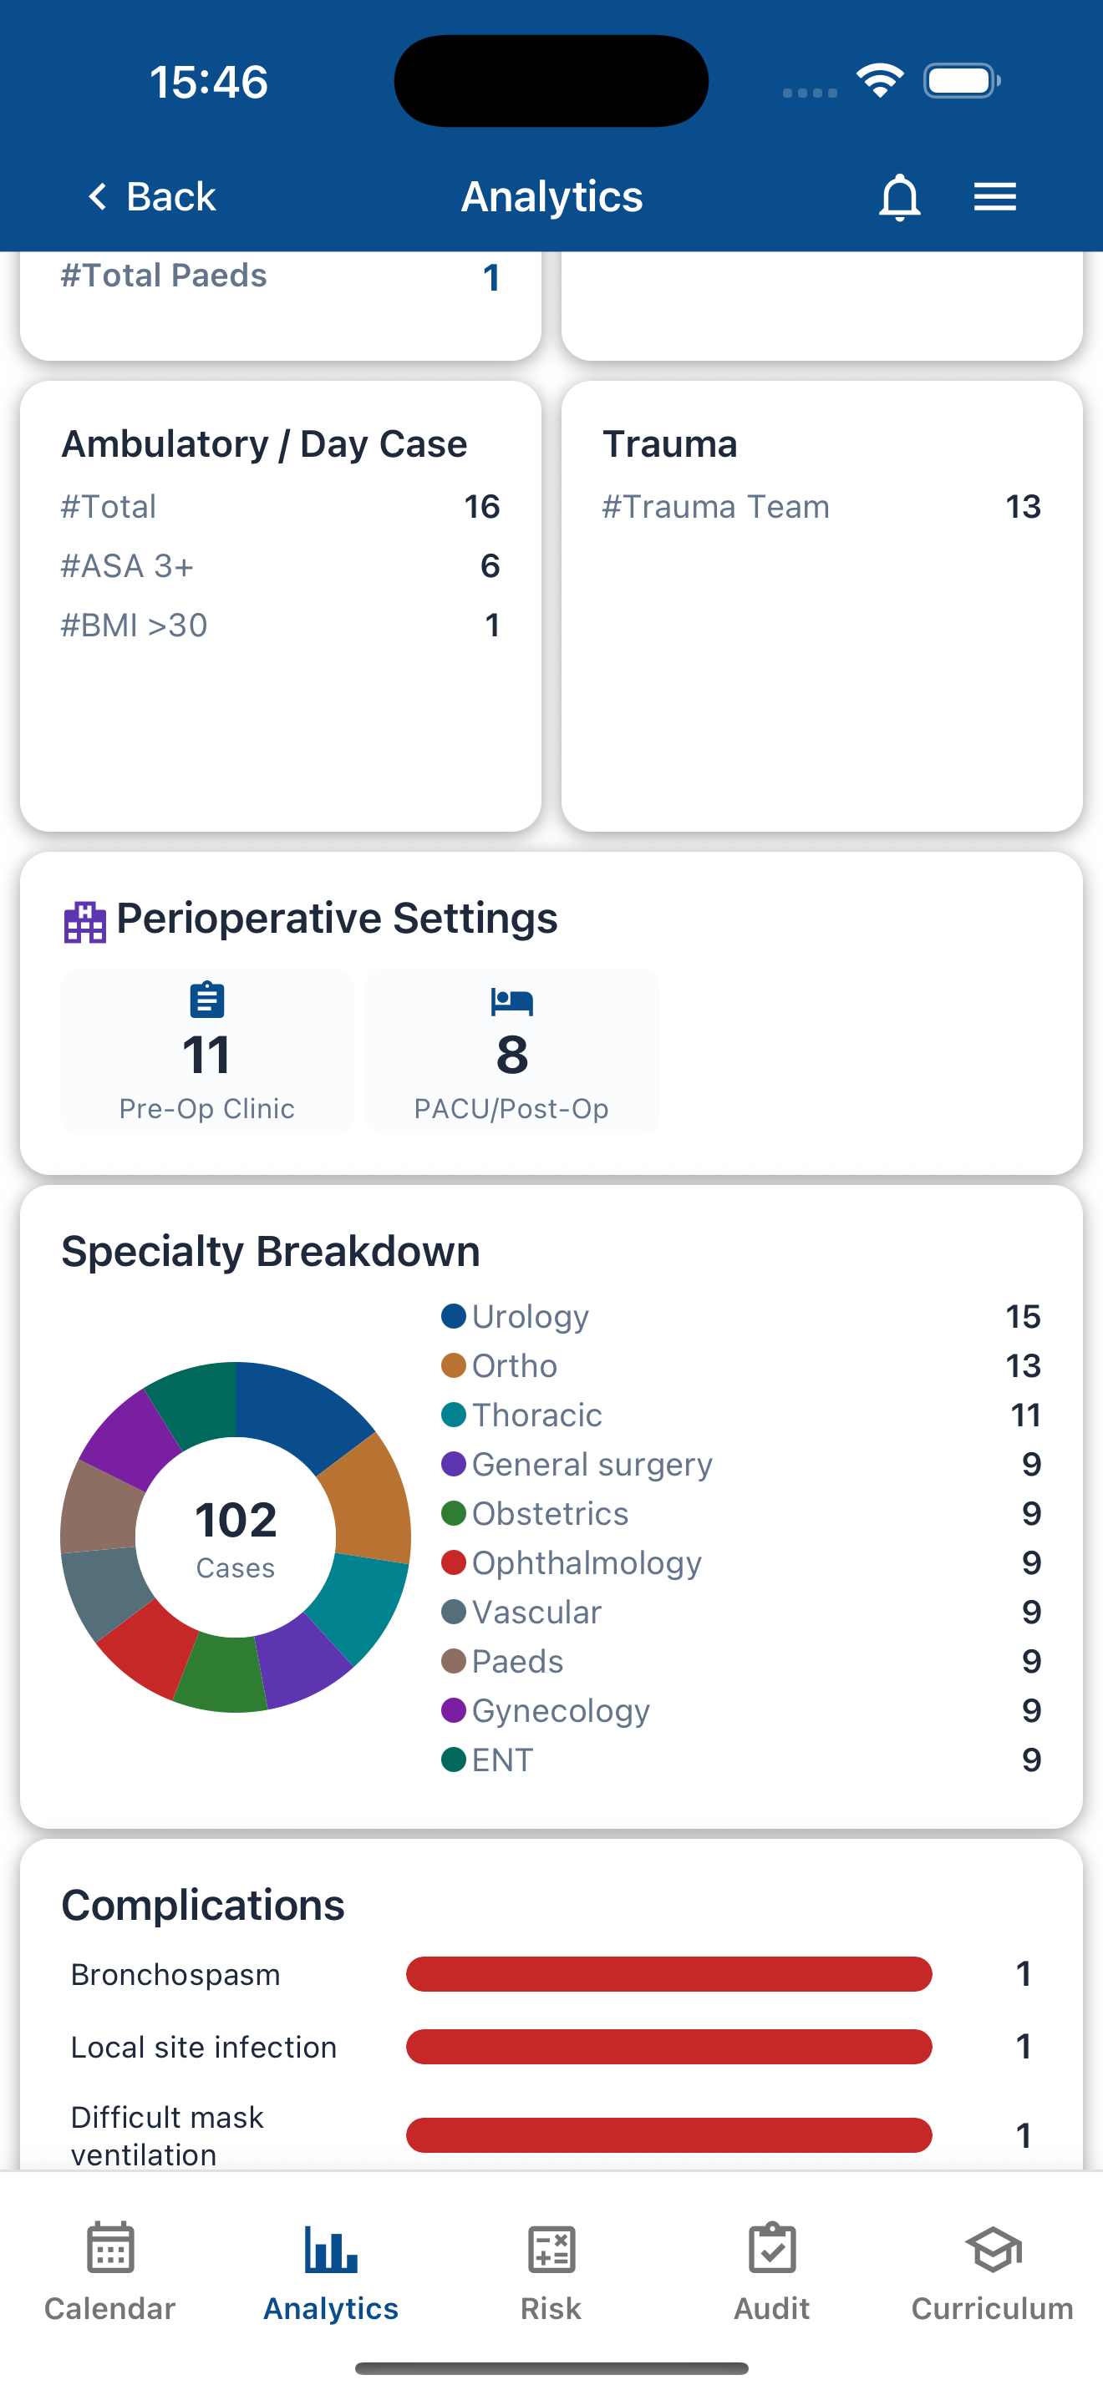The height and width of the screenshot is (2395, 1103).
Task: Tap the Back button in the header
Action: (151, 196)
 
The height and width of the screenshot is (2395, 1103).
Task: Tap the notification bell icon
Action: (898, 196)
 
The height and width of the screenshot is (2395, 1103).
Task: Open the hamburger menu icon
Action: (994, 196)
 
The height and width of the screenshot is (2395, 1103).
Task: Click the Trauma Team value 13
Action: (1022, 507)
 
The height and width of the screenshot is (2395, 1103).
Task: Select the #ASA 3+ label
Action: (127, 566)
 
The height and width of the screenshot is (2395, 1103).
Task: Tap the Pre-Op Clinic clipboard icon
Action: (206, 1000)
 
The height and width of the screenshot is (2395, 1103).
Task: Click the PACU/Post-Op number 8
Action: (511, 1055)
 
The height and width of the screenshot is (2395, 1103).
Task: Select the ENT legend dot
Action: (453, 1760)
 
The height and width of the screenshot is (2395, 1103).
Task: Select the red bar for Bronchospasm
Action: (668, 1974)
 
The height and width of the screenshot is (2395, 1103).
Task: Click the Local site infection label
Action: (204, 2048)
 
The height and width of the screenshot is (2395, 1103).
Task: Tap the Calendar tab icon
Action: (109, 2250)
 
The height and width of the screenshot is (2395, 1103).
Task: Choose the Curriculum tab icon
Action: (993, 2250)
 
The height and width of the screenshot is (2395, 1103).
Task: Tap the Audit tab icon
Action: (771, 2250)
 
